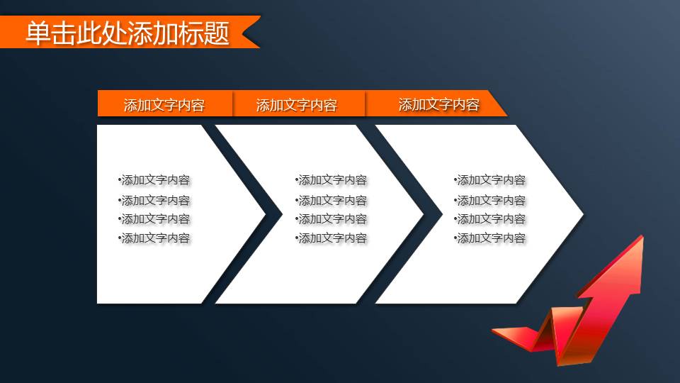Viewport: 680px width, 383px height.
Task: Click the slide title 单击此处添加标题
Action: (x=127, y=33)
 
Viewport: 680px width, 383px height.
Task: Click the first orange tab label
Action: (x=164, y=106)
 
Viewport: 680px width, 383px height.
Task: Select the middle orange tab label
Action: (x=296, y=106)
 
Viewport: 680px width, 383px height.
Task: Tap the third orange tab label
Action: (x=438, y=105)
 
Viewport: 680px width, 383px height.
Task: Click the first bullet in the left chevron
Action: (x=155, y=181)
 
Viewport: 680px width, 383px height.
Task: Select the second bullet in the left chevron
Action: (x=155, y=201)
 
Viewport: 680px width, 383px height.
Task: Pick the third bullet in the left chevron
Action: (x=155, y=219)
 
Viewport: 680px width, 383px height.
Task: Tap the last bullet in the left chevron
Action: (x=155, y=238)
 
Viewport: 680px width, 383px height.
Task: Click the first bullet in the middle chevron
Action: (x=331, y=181)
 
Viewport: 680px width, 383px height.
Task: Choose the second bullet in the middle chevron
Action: (x=331, y=201)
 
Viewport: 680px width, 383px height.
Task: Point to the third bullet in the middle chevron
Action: (x=331, y=219)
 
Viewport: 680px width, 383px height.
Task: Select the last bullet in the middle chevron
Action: (x=331, y=238)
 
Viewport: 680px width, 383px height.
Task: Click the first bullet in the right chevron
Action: (x=490, y=181)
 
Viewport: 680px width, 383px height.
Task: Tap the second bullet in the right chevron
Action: (x=490, y=201)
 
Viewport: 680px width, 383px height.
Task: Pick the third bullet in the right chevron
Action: (x=490, y=219)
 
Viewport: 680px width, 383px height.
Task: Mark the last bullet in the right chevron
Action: (x=490, y=238)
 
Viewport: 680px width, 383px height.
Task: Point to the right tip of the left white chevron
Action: (x=263, y=213)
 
